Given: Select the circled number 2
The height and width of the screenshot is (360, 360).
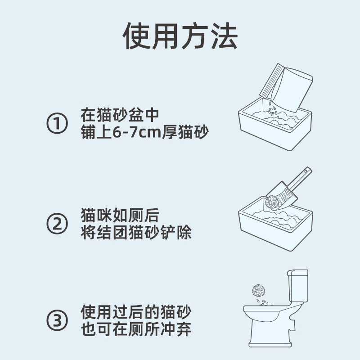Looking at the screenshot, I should pyautogui.click(x=57, y=224).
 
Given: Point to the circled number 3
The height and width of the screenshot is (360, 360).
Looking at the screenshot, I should pyautogui.click(x=57, y=320).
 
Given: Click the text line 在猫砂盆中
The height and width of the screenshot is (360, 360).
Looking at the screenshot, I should pyautogui.click(x=120, y=114).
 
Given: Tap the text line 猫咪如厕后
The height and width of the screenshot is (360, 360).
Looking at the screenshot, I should pyautogui.click(x=120, y=215).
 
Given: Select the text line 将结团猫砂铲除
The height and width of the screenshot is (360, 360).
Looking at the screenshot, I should pyautogui.click(x=136, y=233).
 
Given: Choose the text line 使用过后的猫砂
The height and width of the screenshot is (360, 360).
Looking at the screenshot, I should pyautogui.click(x=136, y=311).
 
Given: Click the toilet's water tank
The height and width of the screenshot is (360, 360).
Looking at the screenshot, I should pyautogui.click(x=298, y=288).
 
